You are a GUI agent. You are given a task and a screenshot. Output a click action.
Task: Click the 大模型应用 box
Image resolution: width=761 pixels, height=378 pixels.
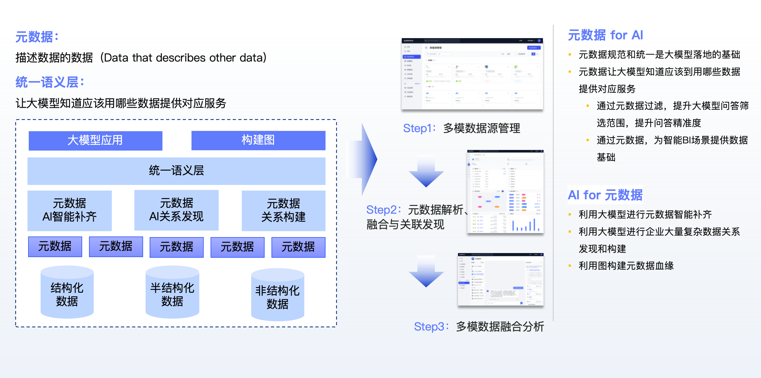pyautogui.click(x=95, y=141)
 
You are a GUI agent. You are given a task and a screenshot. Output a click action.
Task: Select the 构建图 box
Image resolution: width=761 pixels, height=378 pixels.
pyautogui.click(x=258, y=140)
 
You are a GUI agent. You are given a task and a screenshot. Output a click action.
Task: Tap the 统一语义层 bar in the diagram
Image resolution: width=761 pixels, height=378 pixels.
pyautogui.click(x=176, y=171)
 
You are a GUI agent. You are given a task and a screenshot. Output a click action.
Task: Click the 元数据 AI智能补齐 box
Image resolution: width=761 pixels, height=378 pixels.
pyautogui.click(x=69, y=210)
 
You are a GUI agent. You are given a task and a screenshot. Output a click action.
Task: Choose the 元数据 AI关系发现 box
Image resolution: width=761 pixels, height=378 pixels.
pyautogui.click(x=176, y=210)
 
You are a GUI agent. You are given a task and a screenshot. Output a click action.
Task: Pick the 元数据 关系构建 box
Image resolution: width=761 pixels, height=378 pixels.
pyautogui.click(x=283, y=211)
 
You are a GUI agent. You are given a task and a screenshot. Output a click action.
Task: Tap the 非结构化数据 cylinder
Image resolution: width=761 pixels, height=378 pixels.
pyautogui.click(x=277, y=295)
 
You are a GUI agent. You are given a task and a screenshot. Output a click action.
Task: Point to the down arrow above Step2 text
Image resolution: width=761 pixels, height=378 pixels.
pyautogui.click(x=426, y=172)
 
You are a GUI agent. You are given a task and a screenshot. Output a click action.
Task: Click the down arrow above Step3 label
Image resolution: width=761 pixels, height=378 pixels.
pyautogui.click(x=426, y=272)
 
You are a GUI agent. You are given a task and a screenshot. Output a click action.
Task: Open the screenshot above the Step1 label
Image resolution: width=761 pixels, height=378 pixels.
pyautogui.click(x=472, y=74)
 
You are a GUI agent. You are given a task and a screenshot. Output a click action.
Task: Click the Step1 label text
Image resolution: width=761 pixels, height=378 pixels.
pyautogui.click(x=461, y=128)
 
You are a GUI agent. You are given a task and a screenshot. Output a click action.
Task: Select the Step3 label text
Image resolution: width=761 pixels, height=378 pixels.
pyautogui.click(x=479, y=327)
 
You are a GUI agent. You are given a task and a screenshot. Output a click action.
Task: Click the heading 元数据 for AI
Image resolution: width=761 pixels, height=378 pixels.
pyautogui.click(x=605, y=35)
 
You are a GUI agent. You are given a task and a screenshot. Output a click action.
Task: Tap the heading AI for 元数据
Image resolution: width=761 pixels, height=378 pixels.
pyautogui.click(x=605, y=195)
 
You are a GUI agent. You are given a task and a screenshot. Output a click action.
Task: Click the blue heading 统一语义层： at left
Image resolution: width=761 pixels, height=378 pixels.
pyautogui.click(x=50, y=82)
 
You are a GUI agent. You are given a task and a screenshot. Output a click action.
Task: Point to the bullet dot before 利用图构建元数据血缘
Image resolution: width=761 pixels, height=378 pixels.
pyautogui.click(x=570, y=266)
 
